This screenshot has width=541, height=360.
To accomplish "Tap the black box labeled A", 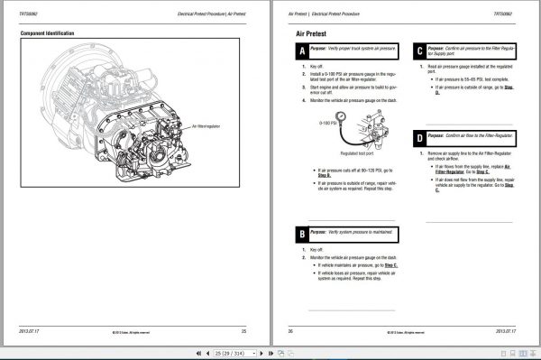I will click(300, 51).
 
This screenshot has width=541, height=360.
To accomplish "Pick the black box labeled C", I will click(420, 51).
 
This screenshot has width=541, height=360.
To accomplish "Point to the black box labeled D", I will click(420, 137).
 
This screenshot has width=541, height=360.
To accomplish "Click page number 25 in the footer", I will click(255, 330).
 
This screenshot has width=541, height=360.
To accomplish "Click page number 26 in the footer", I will click(291, 330).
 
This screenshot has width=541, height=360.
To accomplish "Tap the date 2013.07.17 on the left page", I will click(32, 330).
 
